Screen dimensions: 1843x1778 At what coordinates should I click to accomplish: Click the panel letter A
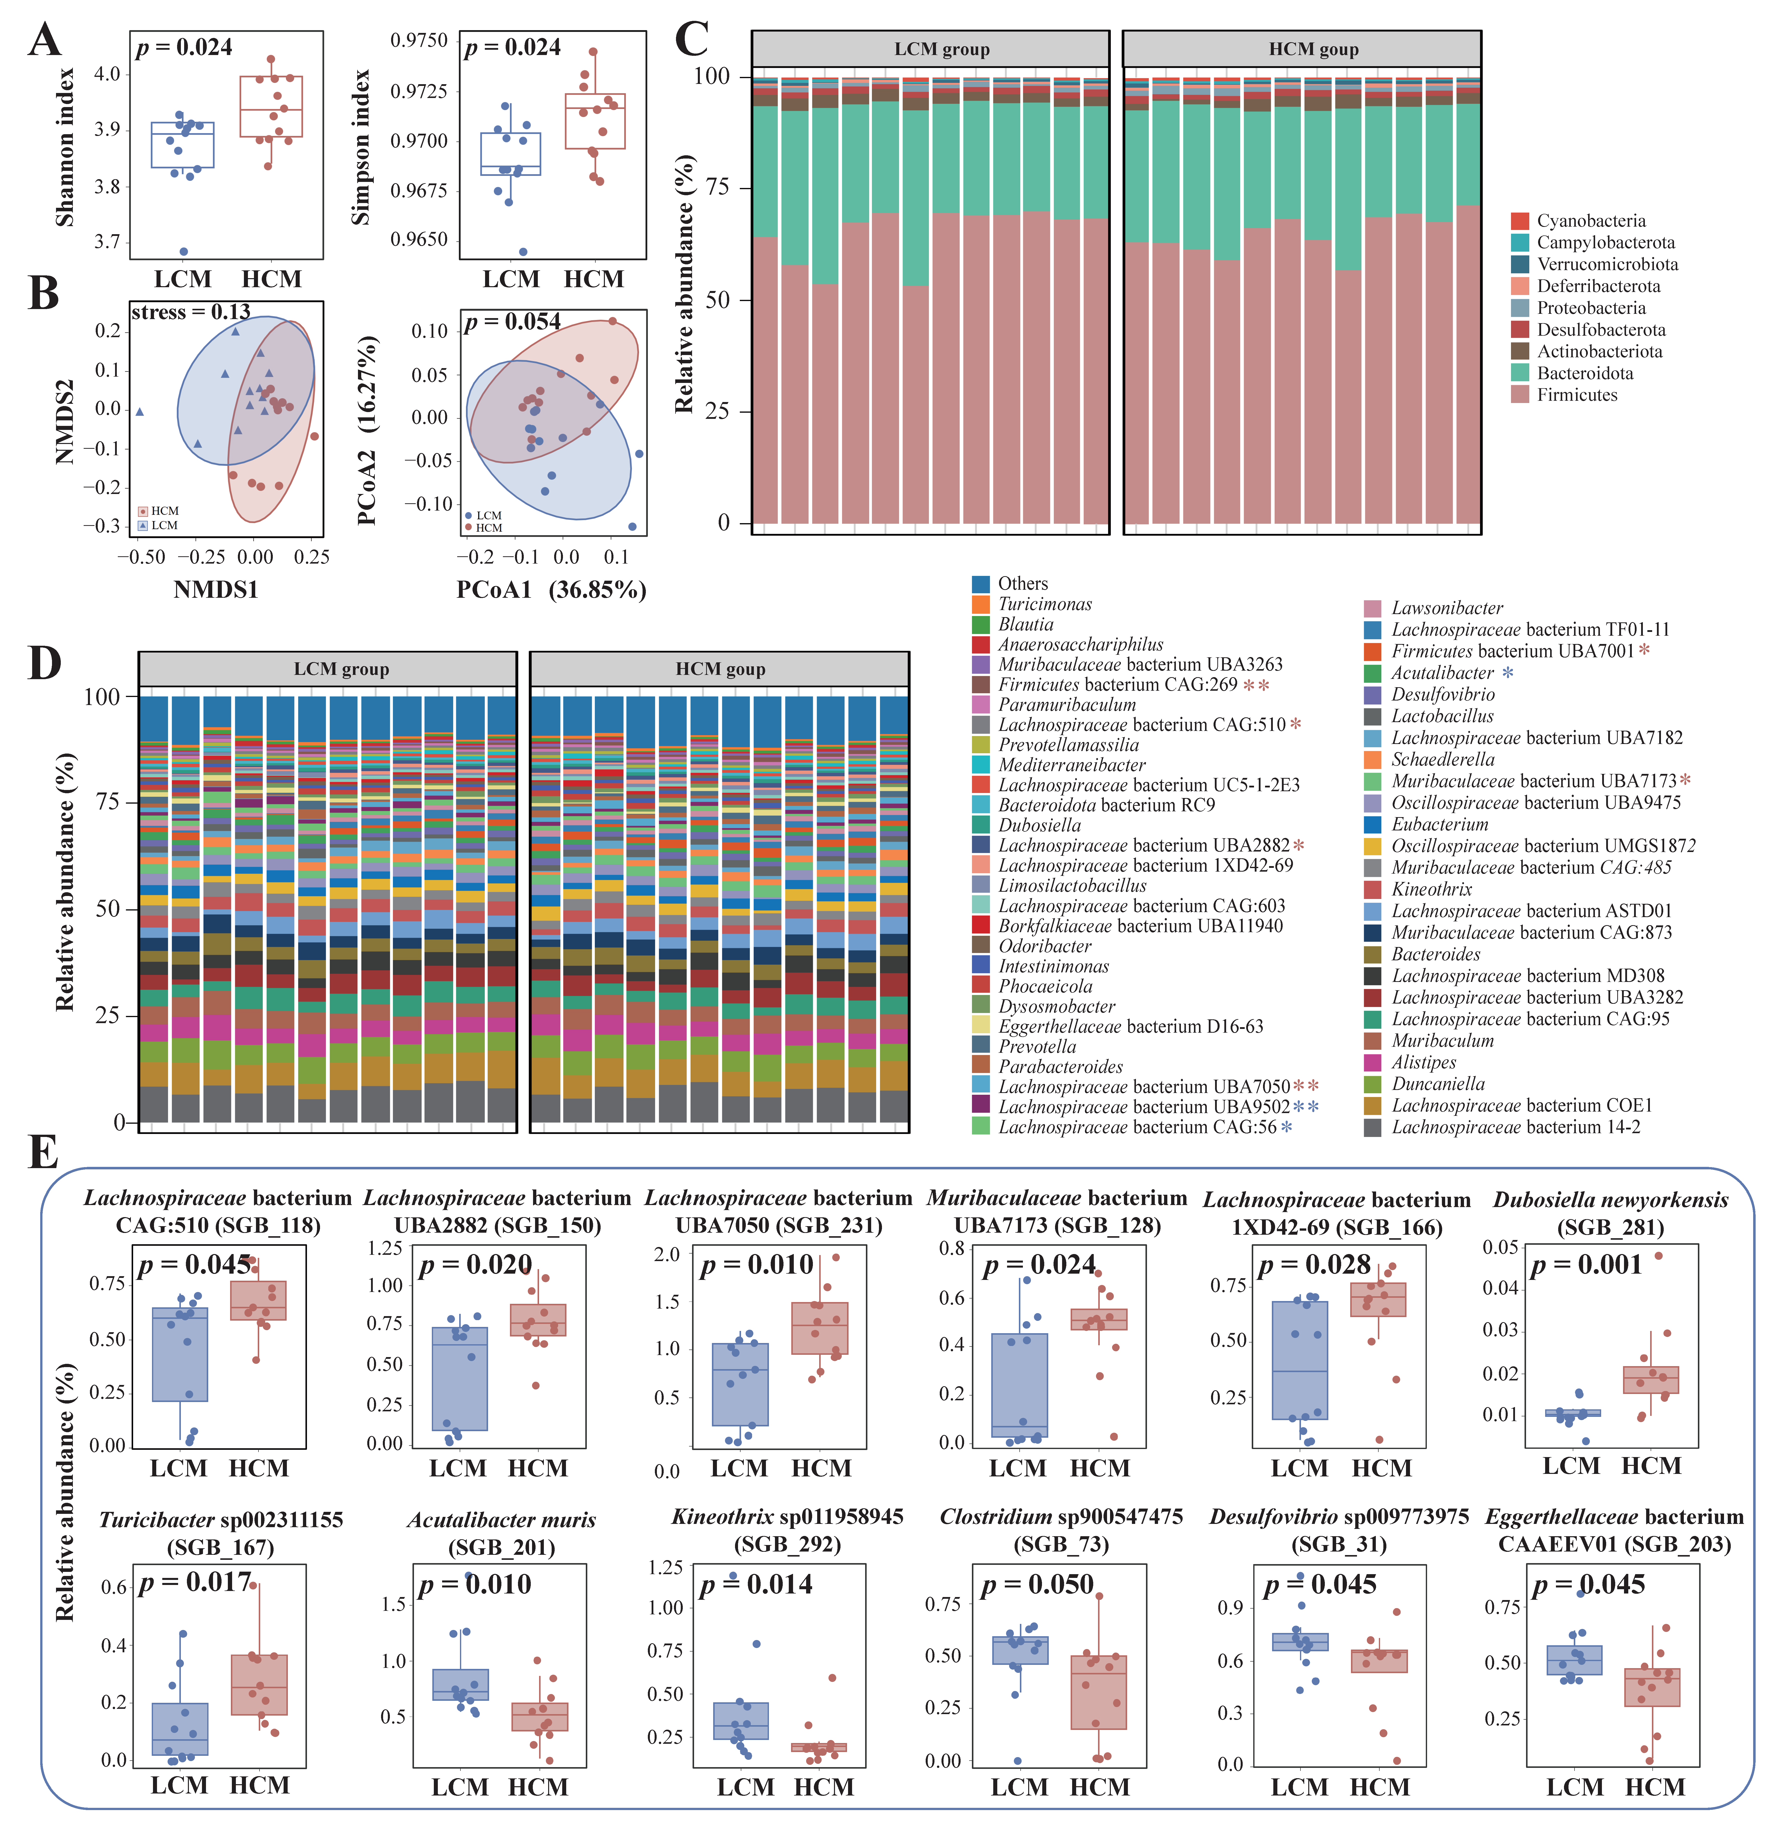click(44, 41)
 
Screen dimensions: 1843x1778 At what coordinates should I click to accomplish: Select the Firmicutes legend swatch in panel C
click(1520, 395)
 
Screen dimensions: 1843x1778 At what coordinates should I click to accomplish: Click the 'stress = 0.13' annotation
click(191, 312)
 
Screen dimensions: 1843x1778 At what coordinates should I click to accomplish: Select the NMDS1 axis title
click(215, 589)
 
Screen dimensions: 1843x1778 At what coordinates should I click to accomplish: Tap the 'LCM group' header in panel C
click(941, 49)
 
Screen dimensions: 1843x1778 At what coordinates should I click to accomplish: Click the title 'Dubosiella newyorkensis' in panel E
click(1610, 1200)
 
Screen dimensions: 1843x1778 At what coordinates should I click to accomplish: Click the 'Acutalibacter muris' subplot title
click(501, 1520)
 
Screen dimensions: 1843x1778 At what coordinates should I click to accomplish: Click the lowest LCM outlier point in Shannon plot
click(183, 251)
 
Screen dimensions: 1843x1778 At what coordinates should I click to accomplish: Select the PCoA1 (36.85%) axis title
click(551, 589)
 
